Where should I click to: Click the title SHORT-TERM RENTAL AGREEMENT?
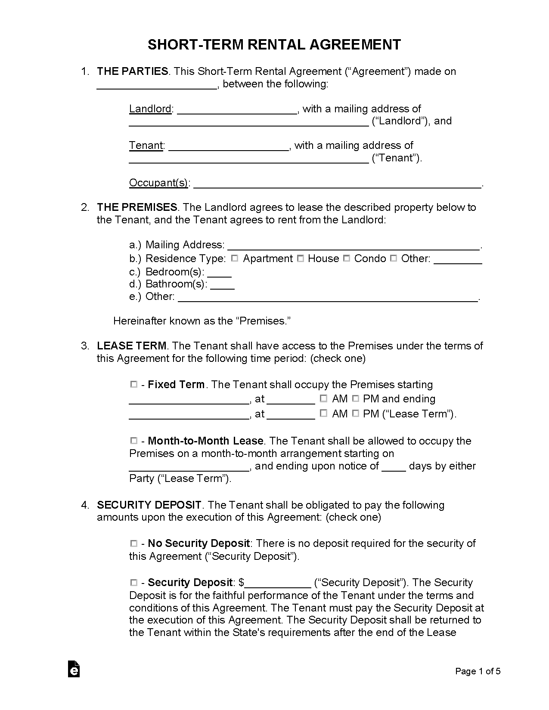click(x=274, y=45)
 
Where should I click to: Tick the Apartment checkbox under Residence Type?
click(x=235, y=258)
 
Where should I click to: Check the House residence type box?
click(x=301, y=258)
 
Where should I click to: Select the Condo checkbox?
click(x=347, y=258)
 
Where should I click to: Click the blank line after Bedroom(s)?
click(x=220, y=274)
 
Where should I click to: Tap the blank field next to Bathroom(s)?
click(x=222, y=286)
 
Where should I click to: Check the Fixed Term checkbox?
click(x=134, y=384)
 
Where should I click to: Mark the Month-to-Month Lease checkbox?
click(x=134, y=440)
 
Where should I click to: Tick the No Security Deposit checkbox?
click(x=134, y=543)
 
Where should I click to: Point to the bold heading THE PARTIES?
click(x=133, y=71)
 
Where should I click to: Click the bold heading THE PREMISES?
click(x=137, y=207)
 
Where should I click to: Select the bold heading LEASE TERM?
click(x=132, y=346)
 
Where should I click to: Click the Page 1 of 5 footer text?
click(x=478, y=671)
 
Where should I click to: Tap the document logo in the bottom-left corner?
click(x=74, y=669)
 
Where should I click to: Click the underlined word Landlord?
click(x=150, y=109)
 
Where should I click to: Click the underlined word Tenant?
click(x=146, y=145)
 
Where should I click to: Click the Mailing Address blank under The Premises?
click(x=353, y=247)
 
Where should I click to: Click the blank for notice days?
click(x=394, y=468)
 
